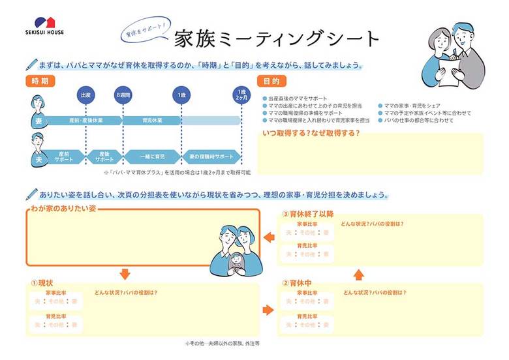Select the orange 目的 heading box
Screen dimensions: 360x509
pyautogui.click(x=272, y=82)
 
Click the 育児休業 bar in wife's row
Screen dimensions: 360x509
pyautogui.click(x=152, y=121)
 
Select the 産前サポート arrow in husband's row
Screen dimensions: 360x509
pyautogui.click(x=65, y=157)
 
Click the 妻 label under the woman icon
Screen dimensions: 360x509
pyautogui.click(x=38, y=121)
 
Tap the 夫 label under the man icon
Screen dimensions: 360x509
pyautogui.click(x=38, y=157)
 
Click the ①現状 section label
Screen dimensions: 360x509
pyautogui.click(x=43, y=284)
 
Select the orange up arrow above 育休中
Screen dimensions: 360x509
pyautogui.click(x=358, y=273)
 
